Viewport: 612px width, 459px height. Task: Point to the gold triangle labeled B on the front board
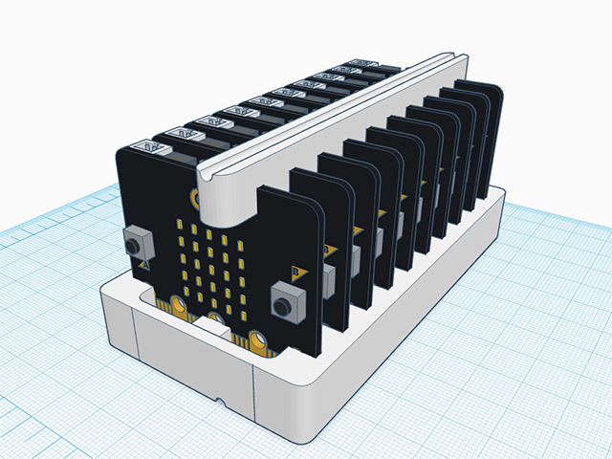[295, 272]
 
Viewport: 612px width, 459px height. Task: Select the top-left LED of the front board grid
[181, 229]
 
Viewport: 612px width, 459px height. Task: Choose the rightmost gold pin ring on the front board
[258, 339]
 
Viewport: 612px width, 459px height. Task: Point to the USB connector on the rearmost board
[363, 63]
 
